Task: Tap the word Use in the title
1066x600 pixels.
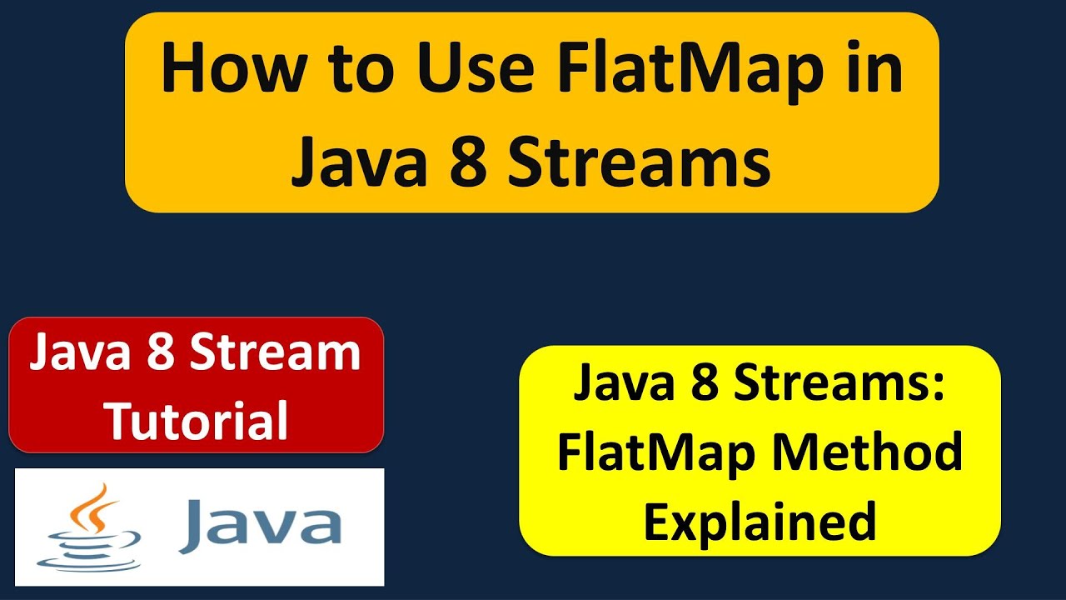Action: point(472,72)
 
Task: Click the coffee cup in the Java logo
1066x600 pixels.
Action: point(88,547)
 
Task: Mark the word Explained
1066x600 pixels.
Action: point(760,521)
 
